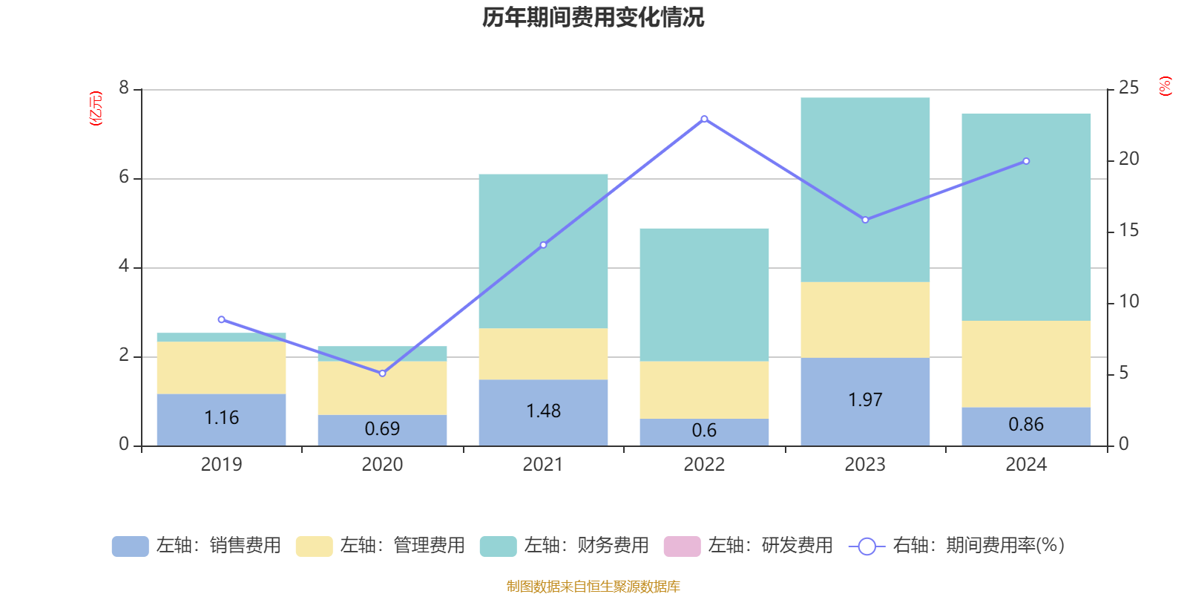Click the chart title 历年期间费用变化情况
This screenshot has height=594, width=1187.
tap(593, 17)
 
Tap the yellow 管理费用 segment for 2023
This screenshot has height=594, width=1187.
tap(865, 319)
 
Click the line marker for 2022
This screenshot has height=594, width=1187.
tap(704, 119)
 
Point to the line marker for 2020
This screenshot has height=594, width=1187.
tap(382, 373)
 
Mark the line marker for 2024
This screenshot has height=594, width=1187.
tap(1026, 161)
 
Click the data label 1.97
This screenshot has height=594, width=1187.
tap(865, 400)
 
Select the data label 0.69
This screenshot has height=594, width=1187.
tap(382, 429)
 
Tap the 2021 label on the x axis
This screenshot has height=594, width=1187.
tap(543, 465)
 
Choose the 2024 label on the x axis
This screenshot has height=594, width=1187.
tap(1026, 465)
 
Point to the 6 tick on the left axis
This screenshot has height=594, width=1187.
tap(124, 177)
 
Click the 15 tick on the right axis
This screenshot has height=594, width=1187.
tap(1128, 231)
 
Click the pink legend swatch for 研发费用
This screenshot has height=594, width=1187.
tap(682, 546)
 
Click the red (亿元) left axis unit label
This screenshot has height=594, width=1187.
tap(96, 108)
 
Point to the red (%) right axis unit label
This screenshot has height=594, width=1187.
tap(1165, 86)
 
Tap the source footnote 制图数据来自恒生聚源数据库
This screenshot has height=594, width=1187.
tap(593, 587)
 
